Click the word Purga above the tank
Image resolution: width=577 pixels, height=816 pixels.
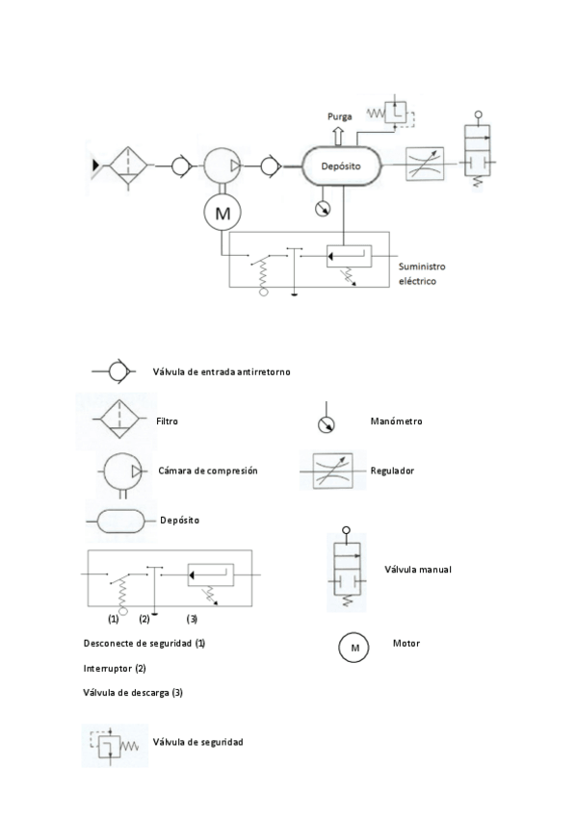pos(339,118)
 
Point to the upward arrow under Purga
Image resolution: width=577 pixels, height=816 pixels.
pos(339,135)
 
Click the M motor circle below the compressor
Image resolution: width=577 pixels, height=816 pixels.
pos(223,214)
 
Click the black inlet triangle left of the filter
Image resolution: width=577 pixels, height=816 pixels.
pos(95,166)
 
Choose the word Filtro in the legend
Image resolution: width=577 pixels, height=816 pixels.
pos(167,421)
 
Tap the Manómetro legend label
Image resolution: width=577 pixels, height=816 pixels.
pos(396,421)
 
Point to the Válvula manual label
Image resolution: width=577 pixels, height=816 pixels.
pos(417,569)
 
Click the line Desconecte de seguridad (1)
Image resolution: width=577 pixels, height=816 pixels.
pos(144,642)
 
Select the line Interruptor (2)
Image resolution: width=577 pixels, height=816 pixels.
pos(115,667)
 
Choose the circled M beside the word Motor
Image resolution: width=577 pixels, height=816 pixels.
pos(354,648)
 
